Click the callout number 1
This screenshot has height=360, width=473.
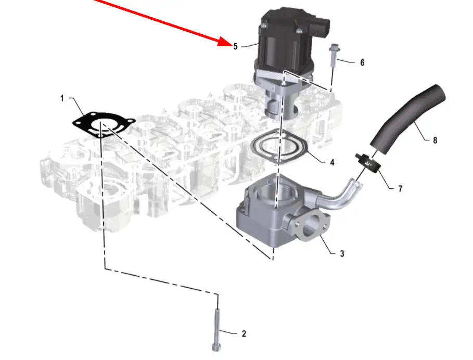(62, 98)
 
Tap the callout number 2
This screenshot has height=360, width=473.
(244, 334)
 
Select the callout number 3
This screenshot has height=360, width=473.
(342, 253)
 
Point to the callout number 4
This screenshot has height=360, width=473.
(332, 162)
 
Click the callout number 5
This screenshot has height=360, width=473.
(235, 46)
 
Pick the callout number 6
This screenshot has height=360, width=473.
(362, 62)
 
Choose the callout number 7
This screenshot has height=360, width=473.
(400, 189)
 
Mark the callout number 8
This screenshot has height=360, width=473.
(434, 140)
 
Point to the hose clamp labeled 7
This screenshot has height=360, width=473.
(367, 163)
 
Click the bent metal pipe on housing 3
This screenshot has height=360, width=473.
(338, 198)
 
